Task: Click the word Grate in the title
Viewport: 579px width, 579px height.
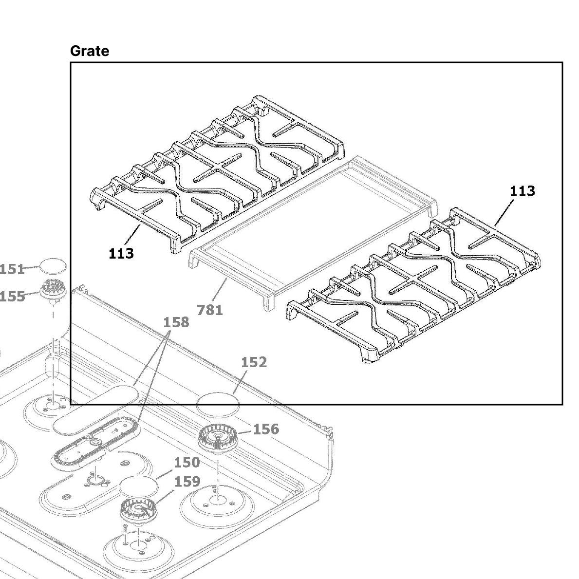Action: click(90, 51)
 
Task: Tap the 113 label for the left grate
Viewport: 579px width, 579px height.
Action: click(121, 253)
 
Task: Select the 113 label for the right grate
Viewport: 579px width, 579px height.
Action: click(522, 191)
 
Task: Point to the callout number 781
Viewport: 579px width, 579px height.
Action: click(210, 310)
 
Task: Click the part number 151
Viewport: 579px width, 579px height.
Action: click(12, 269)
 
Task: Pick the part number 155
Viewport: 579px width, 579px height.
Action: click(12, 296)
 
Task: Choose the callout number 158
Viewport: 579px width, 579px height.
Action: click(176, 322)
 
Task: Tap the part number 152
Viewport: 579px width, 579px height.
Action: click(254, 362)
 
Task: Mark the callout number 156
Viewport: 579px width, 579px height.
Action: click(266, 429)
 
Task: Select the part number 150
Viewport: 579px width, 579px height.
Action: click(187, 462)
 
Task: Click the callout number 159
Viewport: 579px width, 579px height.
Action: click(187, 482)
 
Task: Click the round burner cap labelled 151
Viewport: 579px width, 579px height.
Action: click(52, 266)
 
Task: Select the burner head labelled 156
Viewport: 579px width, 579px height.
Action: click(217, 438)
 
